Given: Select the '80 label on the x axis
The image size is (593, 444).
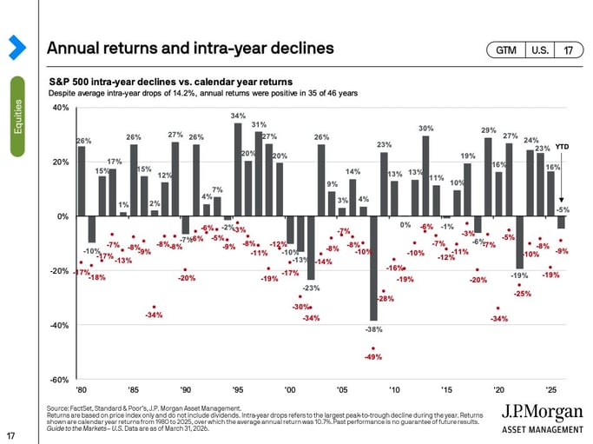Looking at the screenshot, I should (81, 389).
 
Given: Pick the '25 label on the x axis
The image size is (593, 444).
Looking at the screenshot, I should (549, 389).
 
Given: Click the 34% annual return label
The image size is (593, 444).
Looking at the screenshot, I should (237, 115).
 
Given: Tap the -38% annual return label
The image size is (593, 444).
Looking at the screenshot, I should (373, 329).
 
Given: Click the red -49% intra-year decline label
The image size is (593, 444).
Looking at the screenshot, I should (373, 357).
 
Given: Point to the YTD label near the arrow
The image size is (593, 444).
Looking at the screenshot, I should (562, 147).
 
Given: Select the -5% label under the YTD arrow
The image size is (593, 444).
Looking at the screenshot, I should (562, 209).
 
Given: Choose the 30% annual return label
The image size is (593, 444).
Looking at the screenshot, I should (425, 128).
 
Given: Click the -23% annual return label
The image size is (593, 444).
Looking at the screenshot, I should (311, 288).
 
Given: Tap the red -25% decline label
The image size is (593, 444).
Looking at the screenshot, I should (523, 294).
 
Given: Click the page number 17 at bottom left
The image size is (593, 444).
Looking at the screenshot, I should (10, 435).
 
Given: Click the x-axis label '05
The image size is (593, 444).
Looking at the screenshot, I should (341, 389).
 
